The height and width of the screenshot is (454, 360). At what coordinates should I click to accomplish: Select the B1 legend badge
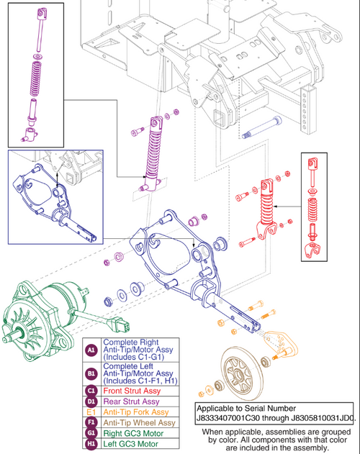(x=91, y=374)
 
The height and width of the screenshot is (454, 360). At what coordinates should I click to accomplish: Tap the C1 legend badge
(x=91, y=392)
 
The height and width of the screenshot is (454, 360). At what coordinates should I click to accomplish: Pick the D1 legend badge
(x=91, y=404)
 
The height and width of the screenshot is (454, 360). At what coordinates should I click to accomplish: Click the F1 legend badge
(x=91, y=425)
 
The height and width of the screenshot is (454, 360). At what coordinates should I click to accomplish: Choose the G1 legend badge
(x=91, y=435)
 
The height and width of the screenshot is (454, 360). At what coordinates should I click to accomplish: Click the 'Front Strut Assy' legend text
(x=130, y=392)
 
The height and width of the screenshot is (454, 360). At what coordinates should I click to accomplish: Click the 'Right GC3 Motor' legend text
(x=131, y=435)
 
